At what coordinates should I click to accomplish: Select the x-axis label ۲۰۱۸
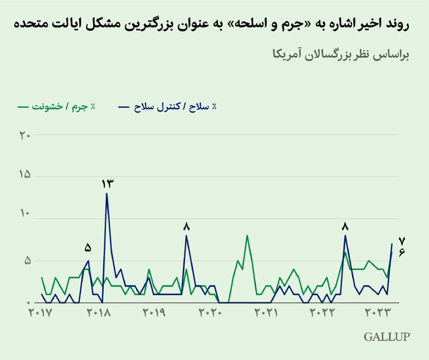coord(99,312)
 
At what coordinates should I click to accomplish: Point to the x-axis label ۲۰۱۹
coord(155,312)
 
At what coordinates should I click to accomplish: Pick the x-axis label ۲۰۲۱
coord(267,312)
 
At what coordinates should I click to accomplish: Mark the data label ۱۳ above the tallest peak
coord(107,183)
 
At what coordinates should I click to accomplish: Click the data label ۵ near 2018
coord(88,247)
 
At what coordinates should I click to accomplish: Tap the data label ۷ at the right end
coord(402,241)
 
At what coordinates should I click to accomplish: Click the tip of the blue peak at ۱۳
coord(107,194)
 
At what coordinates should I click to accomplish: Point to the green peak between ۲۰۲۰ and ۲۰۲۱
coord(247,235)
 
